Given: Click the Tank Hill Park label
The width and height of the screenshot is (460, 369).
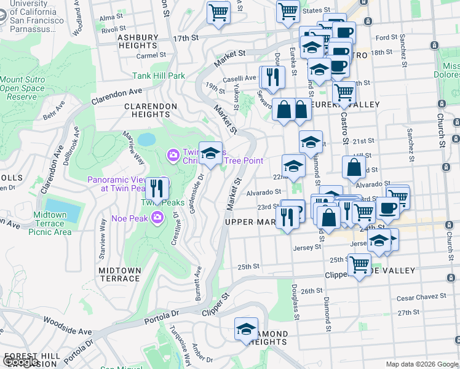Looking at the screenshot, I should point(159,76).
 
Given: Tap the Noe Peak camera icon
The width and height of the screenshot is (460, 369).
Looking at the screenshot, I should point(157,216).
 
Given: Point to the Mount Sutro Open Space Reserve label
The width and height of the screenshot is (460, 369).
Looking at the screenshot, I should point(22,88).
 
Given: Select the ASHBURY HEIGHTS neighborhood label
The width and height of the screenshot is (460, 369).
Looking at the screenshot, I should point(138,41).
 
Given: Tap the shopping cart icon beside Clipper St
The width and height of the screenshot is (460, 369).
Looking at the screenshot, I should point(359,266).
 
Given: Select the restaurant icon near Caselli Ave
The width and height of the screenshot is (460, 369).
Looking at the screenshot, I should point(272,77).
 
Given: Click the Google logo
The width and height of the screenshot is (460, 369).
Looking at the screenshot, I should point(21,362).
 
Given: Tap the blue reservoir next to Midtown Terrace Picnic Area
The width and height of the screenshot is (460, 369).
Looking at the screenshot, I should point(63,210).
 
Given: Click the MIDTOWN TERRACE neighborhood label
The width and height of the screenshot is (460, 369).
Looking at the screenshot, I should point(119,274).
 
